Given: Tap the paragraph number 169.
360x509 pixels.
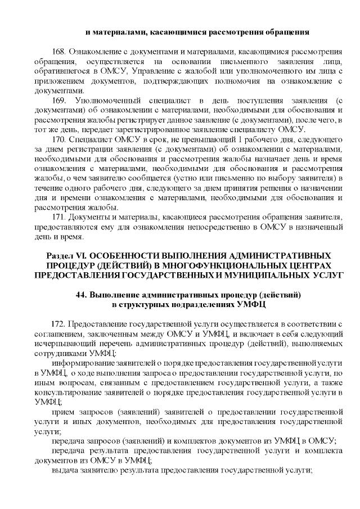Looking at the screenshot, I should [58, 100].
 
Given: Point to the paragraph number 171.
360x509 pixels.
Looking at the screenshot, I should [58, 218].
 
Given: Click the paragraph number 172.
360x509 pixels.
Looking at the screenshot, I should [58, 325].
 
